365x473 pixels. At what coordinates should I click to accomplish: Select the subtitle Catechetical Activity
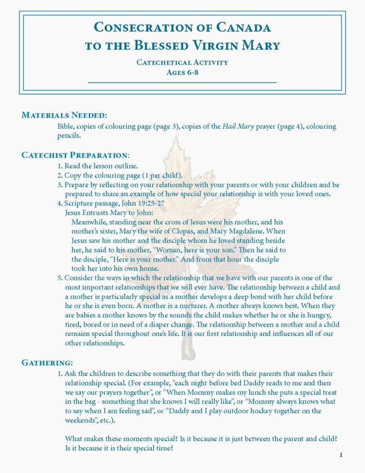coord(182,62)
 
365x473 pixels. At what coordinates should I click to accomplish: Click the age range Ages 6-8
coord(182,72)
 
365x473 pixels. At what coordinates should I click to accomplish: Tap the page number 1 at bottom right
coord(341,455)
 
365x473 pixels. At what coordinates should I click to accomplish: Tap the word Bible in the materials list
coord(65,127)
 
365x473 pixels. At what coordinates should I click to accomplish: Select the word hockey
coord(269,411)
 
